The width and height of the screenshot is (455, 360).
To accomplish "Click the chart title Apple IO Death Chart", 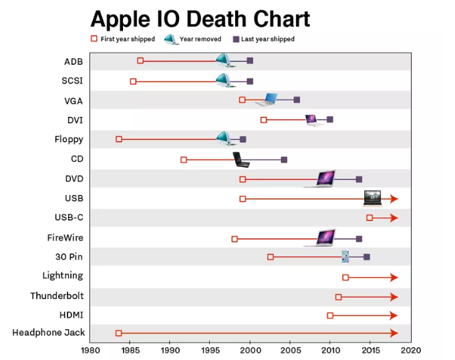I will [200, 18].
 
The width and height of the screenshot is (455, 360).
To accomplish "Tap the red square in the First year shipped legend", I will [94, 39].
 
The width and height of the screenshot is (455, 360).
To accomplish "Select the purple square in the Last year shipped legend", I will [236, 39].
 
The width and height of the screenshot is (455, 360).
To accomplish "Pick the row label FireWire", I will [65, 238].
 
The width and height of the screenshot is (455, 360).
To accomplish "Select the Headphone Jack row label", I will [47, 333].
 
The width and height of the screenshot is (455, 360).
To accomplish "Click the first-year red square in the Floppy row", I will [119, 139].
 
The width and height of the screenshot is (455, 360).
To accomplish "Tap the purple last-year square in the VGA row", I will [297, 100].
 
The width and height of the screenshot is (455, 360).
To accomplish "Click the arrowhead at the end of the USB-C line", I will [394, 218].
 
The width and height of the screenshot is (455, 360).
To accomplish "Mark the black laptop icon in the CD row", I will [241, 159].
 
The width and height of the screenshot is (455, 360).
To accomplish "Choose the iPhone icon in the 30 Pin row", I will [345, 256].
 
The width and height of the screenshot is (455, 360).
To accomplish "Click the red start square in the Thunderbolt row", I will [338, 297].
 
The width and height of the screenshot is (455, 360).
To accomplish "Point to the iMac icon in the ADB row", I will [225, 61].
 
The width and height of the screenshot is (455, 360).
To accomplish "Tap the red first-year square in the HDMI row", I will [330, 315].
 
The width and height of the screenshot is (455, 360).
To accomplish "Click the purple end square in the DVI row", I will [329, 120].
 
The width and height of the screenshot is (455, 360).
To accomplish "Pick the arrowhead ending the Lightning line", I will [394, 277].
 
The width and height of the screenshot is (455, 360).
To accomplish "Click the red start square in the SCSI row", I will [133, 81].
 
